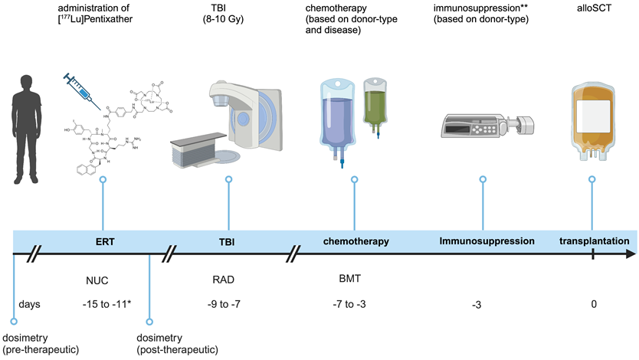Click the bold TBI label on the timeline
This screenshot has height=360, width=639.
point(228,242)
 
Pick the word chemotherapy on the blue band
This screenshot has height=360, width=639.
point(355,242)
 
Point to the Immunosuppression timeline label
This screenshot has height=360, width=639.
point(487,242)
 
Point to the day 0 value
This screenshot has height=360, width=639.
point(593,305)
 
